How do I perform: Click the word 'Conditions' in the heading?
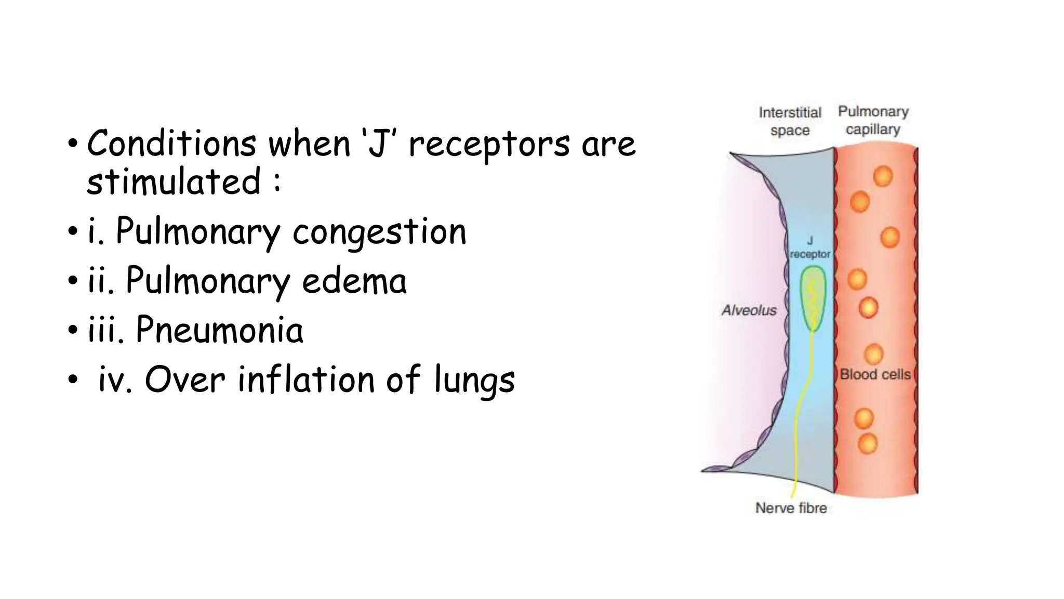pos(171,144)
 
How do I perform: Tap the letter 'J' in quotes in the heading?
pos(379,145)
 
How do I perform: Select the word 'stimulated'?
pos(174,181)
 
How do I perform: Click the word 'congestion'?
pos(379,232)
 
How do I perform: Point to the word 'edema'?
pos(354,281)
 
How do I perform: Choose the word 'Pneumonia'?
pos(219,330)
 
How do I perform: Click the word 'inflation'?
pos(307,379)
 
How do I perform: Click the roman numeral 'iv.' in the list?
pos(115,380)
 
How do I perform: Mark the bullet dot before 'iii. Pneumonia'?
pos(72,330)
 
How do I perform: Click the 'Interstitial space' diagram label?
pos(790,121)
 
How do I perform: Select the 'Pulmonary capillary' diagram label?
pos(873,120)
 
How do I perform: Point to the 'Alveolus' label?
pos(749,310)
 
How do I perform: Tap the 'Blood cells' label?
pos(875,374)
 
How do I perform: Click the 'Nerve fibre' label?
pos(791,508)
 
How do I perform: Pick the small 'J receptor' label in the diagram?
pos(810,248)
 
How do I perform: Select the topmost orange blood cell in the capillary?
pos(883,176)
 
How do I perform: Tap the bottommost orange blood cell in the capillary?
pos(867,444)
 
